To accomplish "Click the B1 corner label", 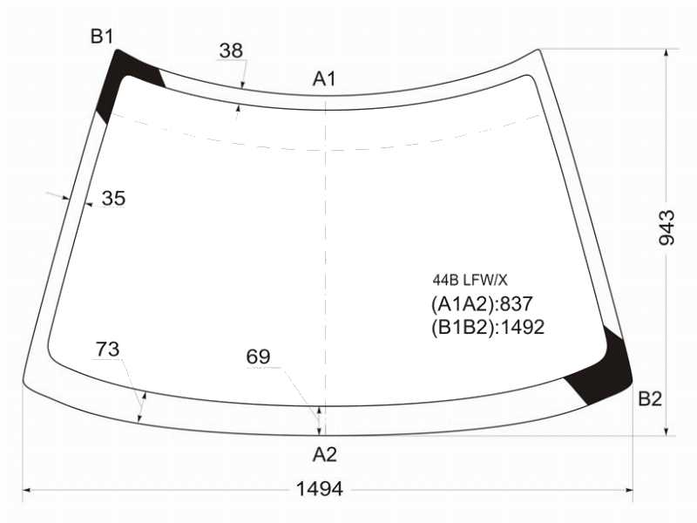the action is pos(102,36).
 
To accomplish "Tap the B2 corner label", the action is pos(650,399).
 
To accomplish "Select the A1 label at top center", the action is pos(324,78).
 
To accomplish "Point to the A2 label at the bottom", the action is pos(324,454).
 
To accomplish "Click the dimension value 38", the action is pos(231,51).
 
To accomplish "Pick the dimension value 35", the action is pos(113,198).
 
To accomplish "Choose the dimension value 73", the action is pos(107,350).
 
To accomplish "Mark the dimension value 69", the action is pos(258,357).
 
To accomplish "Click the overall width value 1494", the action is pos(320,489).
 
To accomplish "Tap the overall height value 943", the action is pos(667,228).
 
